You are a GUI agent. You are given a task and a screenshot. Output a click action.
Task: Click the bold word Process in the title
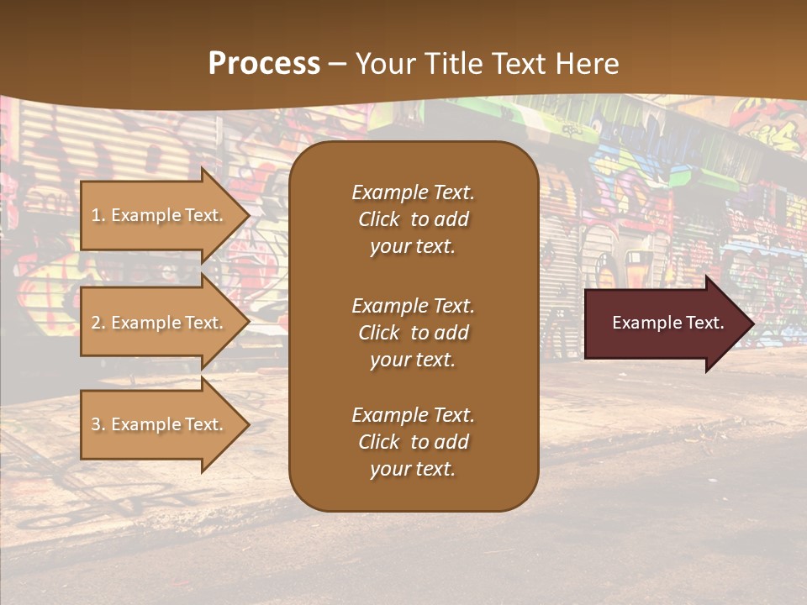[264, 64]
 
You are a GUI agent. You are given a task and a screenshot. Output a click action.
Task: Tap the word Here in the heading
[588, 64]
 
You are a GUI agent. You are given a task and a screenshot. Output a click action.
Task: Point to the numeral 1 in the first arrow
[96, 215]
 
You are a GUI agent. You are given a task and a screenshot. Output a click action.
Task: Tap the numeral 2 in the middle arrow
[96, 323]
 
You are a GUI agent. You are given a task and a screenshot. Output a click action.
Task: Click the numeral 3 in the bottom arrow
[96, 424]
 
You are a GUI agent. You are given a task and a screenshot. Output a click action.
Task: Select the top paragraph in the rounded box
[413, 219]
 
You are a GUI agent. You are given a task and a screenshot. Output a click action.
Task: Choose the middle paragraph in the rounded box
[413, 333]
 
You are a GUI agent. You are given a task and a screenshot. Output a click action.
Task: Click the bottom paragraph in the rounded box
[413, 442]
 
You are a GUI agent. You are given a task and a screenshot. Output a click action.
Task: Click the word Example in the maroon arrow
[644, 323]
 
